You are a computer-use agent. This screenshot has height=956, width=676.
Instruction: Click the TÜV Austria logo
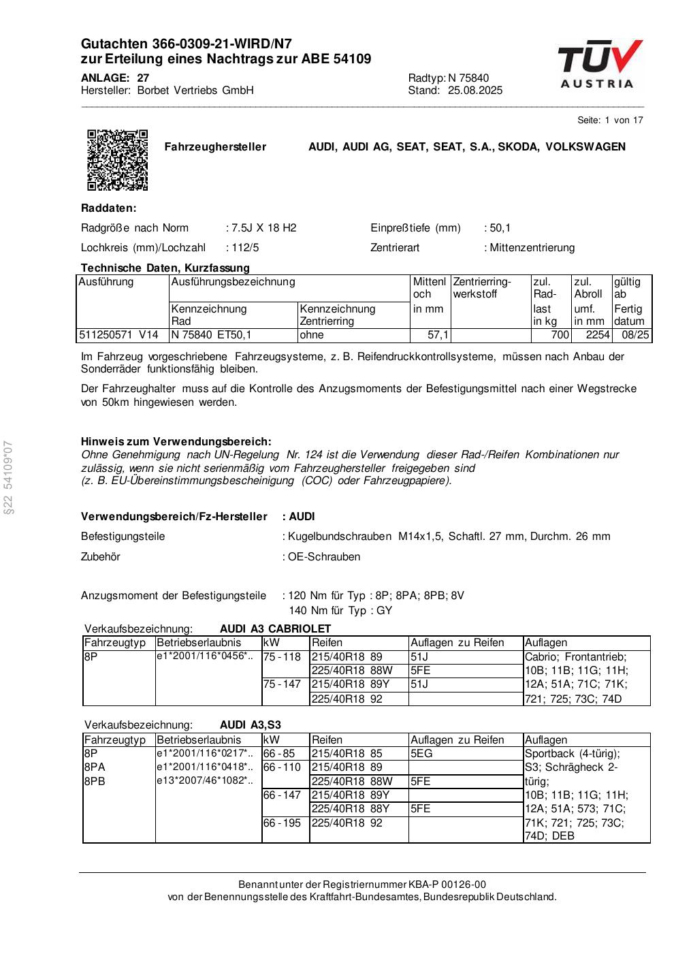pyautogui.click(x=599, y=65)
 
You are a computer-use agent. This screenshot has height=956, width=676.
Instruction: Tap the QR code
pyautogui.click(x=118, y=160)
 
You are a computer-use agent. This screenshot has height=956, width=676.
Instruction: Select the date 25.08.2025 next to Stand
pyautogui.click(x=475, y=91)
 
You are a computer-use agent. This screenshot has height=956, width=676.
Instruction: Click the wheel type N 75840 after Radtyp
pyautogui.click(x=468, y=78)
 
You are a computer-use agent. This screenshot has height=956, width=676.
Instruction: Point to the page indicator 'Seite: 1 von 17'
pyautogui.click(x=610, y=120)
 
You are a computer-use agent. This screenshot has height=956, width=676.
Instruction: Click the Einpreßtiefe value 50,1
pyautogui.click(x=500, y=228)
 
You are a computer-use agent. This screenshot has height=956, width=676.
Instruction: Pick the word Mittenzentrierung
pyautogui.click(x=532, y=248)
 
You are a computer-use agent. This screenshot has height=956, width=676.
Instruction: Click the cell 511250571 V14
pyautogui.click(x=119, y=335)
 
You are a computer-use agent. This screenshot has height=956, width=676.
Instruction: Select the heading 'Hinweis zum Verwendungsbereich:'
pyautogui.click(x=176, y=442)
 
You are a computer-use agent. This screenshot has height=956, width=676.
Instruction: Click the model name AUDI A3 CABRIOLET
pyautogui.click(x=275, y=628)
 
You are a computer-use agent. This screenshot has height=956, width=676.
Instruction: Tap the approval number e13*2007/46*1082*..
pyautogui.click(x=204, y=781)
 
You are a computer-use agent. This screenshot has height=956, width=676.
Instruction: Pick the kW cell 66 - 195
pyautogui.click(x=282, y=823)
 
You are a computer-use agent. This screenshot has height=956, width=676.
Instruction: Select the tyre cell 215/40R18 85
pyautogui.click(x=347, y=754)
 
